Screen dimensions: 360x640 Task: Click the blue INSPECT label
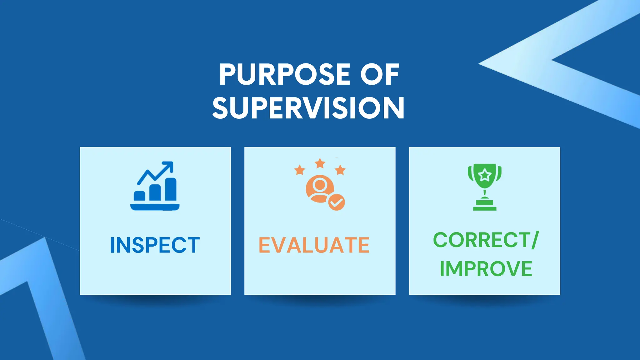(x=155, y=245)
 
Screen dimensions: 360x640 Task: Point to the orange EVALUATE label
(x=314, y=245)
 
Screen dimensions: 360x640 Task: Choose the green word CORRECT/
(x=486, y=240)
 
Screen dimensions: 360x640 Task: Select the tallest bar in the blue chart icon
(x=171, y=189)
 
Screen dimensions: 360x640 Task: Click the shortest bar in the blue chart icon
(x=139, y=196)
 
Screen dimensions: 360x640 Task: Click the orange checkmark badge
(x=337, y=202)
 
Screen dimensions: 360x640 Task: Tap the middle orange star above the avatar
(x=320, y=163)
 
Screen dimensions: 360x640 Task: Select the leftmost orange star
(x=300, y=170)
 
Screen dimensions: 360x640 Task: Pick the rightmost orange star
(x=340, y=170)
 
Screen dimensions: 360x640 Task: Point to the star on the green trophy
(x=485, y=175)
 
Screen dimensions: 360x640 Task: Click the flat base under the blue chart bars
(x=155, y=207)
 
